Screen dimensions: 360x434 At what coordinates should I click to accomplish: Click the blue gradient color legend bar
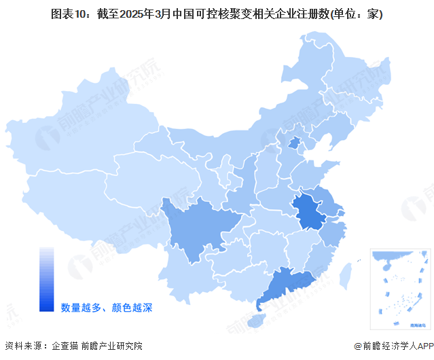tap(47, 278)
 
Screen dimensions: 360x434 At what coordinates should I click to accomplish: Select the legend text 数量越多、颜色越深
tap(107, 308)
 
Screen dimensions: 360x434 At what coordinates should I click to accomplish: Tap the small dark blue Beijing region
tap(294, 143)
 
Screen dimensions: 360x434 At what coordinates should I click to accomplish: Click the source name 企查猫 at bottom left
tap(65, 346)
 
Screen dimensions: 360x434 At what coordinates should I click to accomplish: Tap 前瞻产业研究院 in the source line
tap(111, 346)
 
